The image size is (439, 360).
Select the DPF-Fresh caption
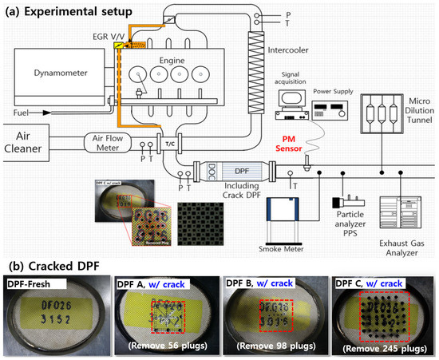[37, 284]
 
